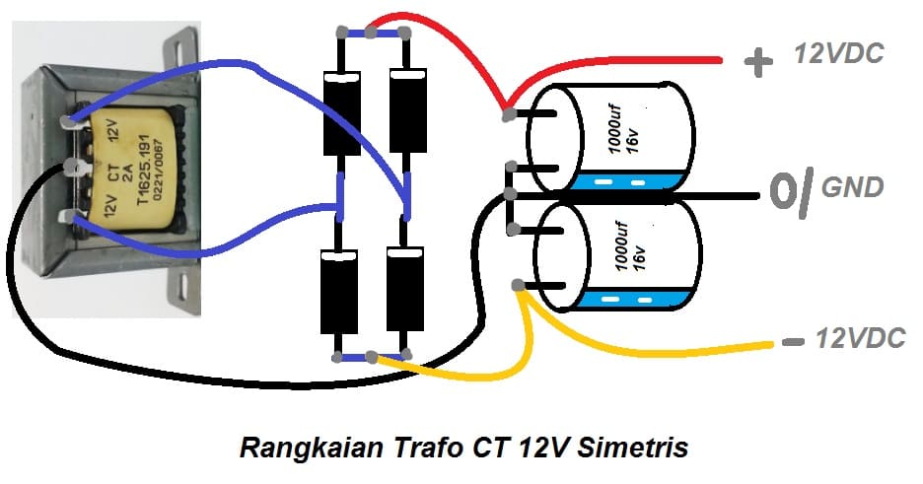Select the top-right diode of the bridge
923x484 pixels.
405,113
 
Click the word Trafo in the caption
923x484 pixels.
415,448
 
